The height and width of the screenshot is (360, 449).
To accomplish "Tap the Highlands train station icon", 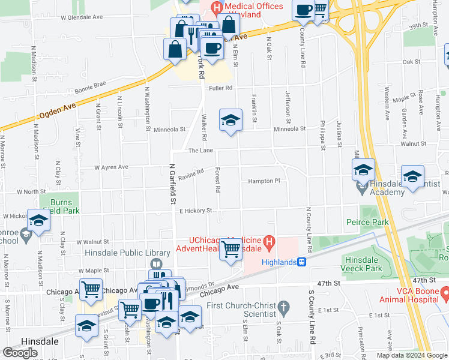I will [302, 262].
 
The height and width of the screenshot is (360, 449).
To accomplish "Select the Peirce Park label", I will [367, 222].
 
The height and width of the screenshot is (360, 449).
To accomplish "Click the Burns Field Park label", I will [65, 206].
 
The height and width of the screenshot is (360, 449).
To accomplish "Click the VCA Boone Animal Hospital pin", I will [445, 293].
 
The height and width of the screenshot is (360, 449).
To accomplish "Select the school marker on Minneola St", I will [230, 121].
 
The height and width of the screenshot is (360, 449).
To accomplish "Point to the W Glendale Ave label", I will [82, 17].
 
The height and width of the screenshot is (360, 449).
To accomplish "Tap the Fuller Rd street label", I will [220, 88].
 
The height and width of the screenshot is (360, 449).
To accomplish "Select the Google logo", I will [20, 352].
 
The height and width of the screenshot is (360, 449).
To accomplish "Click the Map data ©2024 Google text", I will [411, 355].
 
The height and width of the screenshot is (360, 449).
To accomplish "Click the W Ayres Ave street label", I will [110, 167].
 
